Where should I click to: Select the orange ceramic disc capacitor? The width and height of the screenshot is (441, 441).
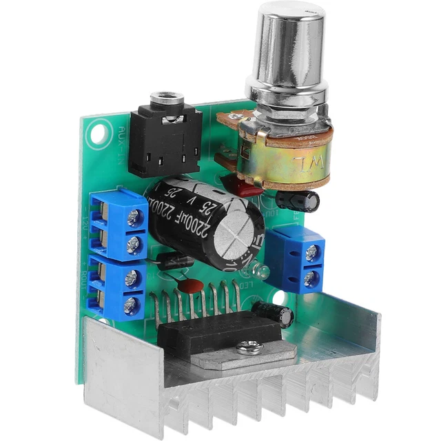194,286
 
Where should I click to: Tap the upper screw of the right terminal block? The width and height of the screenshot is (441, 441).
312,253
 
